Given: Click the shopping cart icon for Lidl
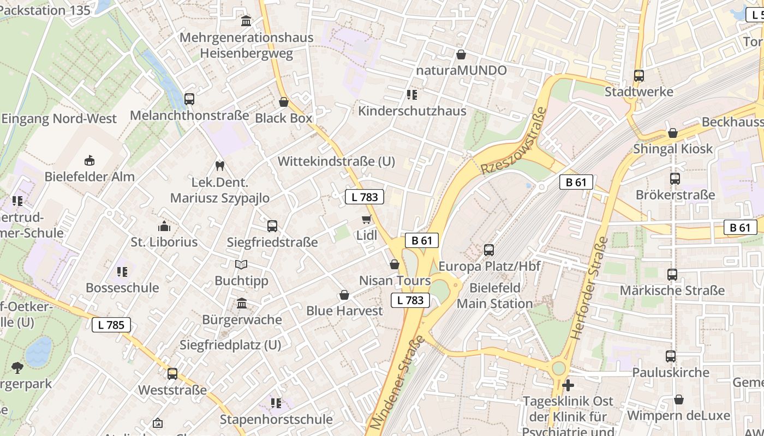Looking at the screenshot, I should (x=366, y=219).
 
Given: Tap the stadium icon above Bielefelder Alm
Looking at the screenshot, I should (x=89, y=160).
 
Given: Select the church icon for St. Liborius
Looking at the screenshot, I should (x=164, y=226).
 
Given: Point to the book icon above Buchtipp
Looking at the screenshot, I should (x=241, y=265).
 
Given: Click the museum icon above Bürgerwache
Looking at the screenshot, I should (x=241, y=303).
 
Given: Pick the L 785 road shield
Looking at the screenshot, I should (x=111, y=325).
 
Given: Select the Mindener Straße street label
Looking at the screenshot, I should (x=397, y=382).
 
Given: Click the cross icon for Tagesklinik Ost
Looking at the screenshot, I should (x=568, y=385).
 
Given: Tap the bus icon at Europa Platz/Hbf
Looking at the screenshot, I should (x=489, y=250).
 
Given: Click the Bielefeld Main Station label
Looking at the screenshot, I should (x=494, y=295).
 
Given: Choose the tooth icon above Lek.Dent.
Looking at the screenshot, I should (x=220, y=166).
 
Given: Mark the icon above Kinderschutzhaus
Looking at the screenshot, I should (x=412, y=95).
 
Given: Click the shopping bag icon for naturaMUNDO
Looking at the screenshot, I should (x=461, y=55).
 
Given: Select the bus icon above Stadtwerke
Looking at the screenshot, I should (x=638, y=76).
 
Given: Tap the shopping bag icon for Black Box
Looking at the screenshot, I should (x=284, y=102).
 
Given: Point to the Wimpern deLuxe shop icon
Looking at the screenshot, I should (x=678, y=399).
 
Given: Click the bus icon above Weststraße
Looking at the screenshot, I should (x=172, y=374).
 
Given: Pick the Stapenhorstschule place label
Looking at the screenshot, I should (x=276, y=419).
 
